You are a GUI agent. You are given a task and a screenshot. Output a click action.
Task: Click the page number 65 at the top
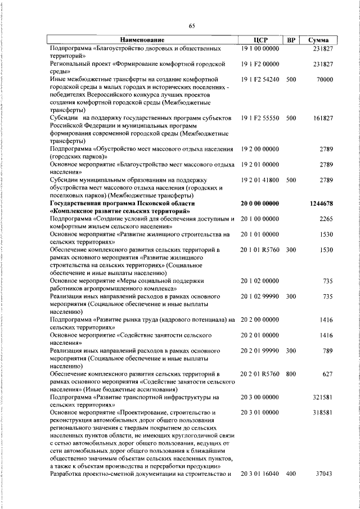click(191, 25)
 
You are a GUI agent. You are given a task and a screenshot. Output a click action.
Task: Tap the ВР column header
click(291, 40)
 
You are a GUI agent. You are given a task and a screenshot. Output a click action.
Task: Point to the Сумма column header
click(319, 40)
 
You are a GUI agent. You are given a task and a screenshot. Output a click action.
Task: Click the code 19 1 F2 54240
click(259, 80)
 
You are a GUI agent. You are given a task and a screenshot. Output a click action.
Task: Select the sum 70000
click(325, 80)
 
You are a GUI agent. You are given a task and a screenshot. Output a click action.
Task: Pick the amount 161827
click(323, 119)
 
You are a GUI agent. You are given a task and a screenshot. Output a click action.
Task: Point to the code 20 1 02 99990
click(259, 295)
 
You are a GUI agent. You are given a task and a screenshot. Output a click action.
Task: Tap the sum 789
click(328, 350)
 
